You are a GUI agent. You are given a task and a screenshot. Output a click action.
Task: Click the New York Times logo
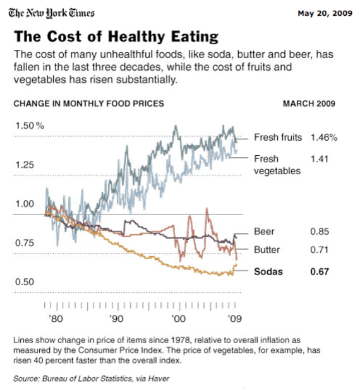(x=52, y=13)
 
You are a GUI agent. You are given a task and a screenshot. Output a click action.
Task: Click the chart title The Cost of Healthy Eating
(x=116, y=36)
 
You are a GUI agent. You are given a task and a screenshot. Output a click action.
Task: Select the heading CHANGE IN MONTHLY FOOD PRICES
(x=88, y=103)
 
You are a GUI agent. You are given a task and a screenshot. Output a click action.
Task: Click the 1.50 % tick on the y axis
(x=30, y=125)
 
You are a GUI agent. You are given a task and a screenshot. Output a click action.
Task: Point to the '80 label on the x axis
(x=55, y=319)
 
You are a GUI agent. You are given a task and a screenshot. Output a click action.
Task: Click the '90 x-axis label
(x=116, y=319)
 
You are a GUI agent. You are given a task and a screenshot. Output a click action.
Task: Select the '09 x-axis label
(x=234, y=319)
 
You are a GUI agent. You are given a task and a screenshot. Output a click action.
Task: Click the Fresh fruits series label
(x=278, y=138)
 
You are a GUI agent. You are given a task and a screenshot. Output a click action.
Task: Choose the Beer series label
(x=264, y=232)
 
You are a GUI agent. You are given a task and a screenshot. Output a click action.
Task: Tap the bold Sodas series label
(x=268, y=272)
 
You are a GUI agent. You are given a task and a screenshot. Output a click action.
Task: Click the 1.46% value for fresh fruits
(x=323, y=138)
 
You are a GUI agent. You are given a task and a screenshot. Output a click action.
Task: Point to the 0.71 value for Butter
(x=320, y=250)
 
